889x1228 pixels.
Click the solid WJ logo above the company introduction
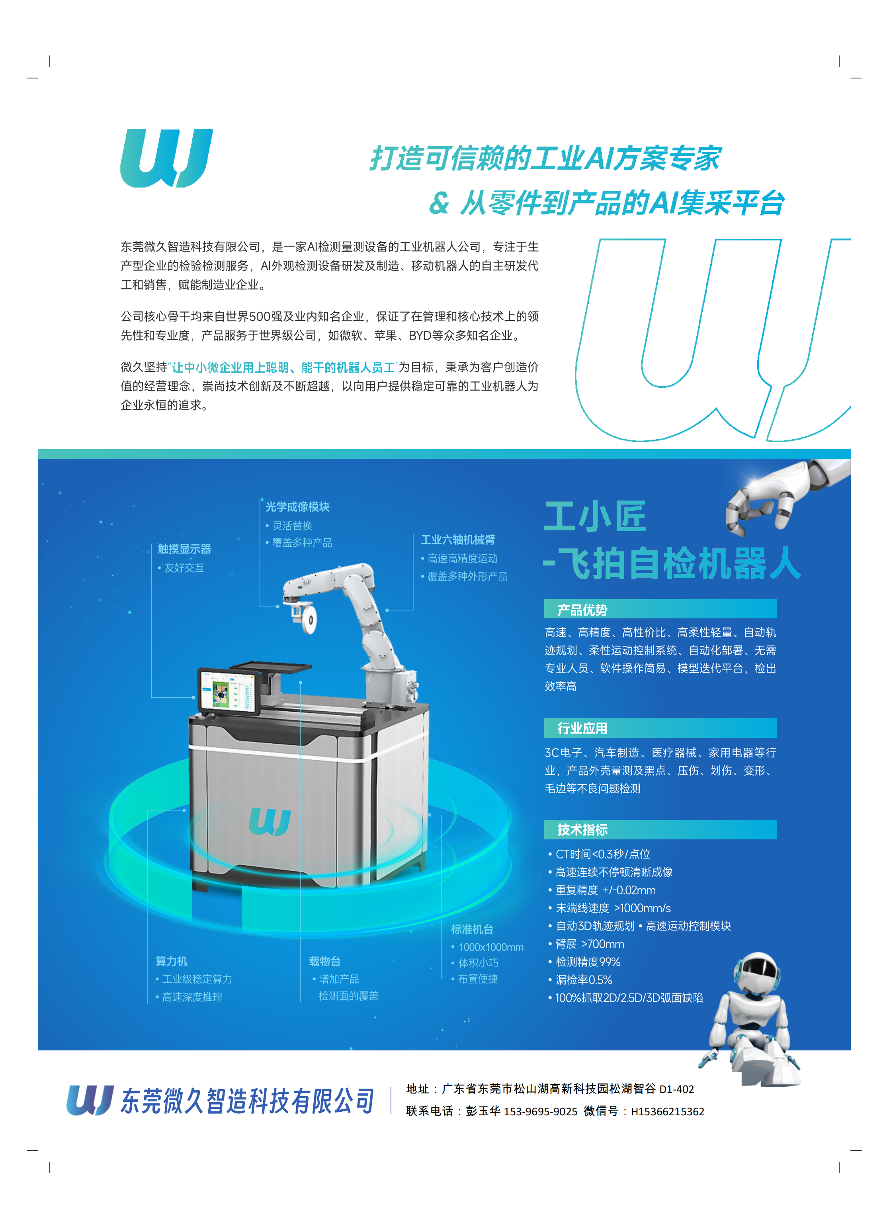166,158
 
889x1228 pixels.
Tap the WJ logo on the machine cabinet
270,822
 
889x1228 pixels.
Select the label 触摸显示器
184,549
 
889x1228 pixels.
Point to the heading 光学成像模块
297,507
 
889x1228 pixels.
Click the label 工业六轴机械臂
458,540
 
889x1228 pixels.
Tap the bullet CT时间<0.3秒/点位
603,854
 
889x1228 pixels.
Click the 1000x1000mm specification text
490,947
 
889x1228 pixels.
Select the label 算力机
171,961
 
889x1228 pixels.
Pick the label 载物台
324,961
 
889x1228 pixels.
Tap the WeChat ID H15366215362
668,1112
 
